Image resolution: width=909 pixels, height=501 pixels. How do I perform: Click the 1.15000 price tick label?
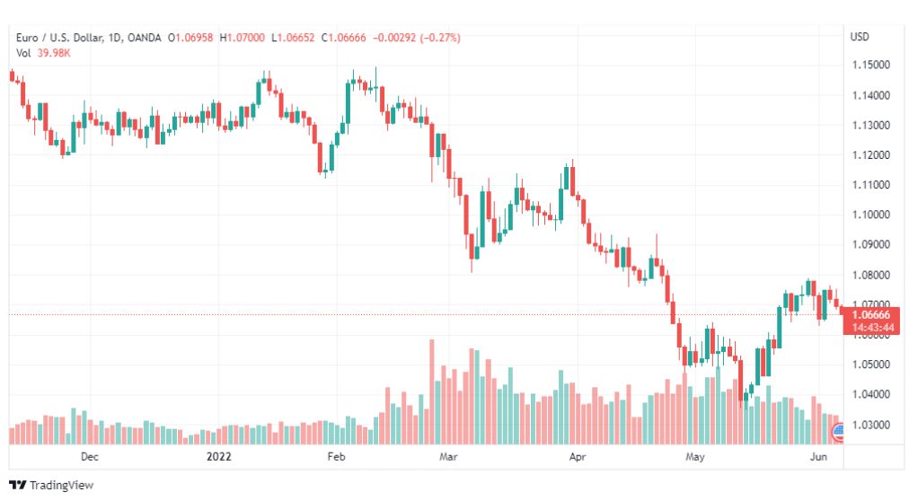point(870,65)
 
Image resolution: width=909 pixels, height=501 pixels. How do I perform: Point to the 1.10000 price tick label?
point(870,215)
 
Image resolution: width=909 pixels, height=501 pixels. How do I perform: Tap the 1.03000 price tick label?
point(870,425)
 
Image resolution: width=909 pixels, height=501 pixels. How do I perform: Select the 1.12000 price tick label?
point(870,154)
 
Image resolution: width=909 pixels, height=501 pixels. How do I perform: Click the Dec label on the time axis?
point(89,456)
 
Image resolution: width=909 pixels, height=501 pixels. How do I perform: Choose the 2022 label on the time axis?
point(218,456)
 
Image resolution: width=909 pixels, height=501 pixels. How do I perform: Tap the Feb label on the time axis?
point(336,456)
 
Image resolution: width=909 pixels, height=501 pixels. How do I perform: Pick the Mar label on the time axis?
point(448,456)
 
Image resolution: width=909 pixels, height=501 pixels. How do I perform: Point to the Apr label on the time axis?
point(578,456)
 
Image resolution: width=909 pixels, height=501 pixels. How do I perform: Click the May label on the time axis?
point(695,456)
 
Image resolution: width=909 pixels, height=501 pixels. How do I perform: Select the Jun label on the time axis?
point(818,456)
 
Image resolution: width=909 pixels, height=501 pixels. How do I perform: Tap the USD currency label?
point(860,37)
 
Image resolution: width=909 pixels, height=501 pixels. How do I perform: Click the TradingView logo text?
point(61,485)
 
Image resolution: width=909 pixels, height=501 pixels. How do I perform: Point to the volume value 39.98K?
point(54,53)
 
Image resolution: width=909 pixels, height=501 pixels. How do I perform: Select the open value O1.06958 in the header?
point(190,38)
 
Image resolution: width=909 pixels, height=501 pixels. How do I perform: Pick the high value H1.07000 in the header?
point(242,38)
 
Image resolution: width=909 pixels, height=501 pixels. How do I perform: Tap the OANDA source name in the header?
point(145,38)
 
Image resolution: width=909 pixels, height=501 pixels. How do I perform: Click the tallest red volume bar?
point(431,391)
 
